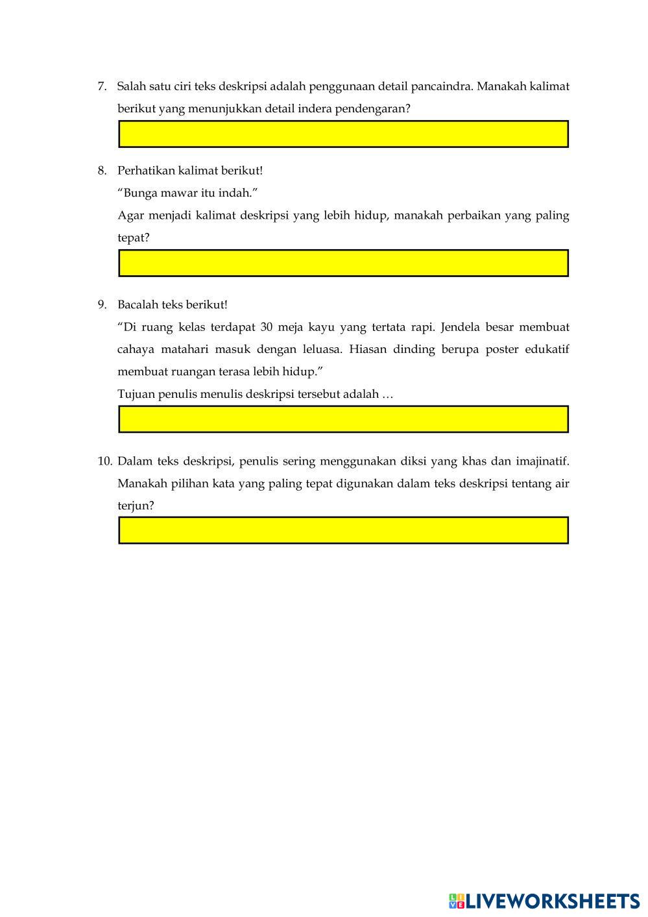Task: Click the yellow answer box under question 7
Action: (343, 134)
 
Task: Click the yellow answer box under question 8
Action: (343, 263)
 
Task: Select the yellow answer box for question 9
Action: (343, 419)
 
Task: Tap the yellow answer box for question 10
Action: (343, 530)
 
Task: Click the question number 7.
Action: (102, 86)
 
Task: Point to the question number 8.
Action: (102, 171)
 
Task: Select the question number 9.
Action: (102, 304)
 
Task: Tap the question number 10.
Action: (105, 461)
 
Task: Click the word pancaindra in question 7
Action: (441, 86)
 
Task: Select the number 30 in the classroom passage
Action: (266, 327)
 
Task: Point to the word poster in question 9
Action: (503, 349)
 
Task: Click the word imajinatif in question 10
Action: (542, 461)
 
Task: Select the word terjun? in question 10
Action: (136, 506)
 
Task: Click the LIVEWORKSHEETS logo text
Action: (552, 901)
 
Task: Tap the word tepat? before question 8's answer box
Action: (134, 238)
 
